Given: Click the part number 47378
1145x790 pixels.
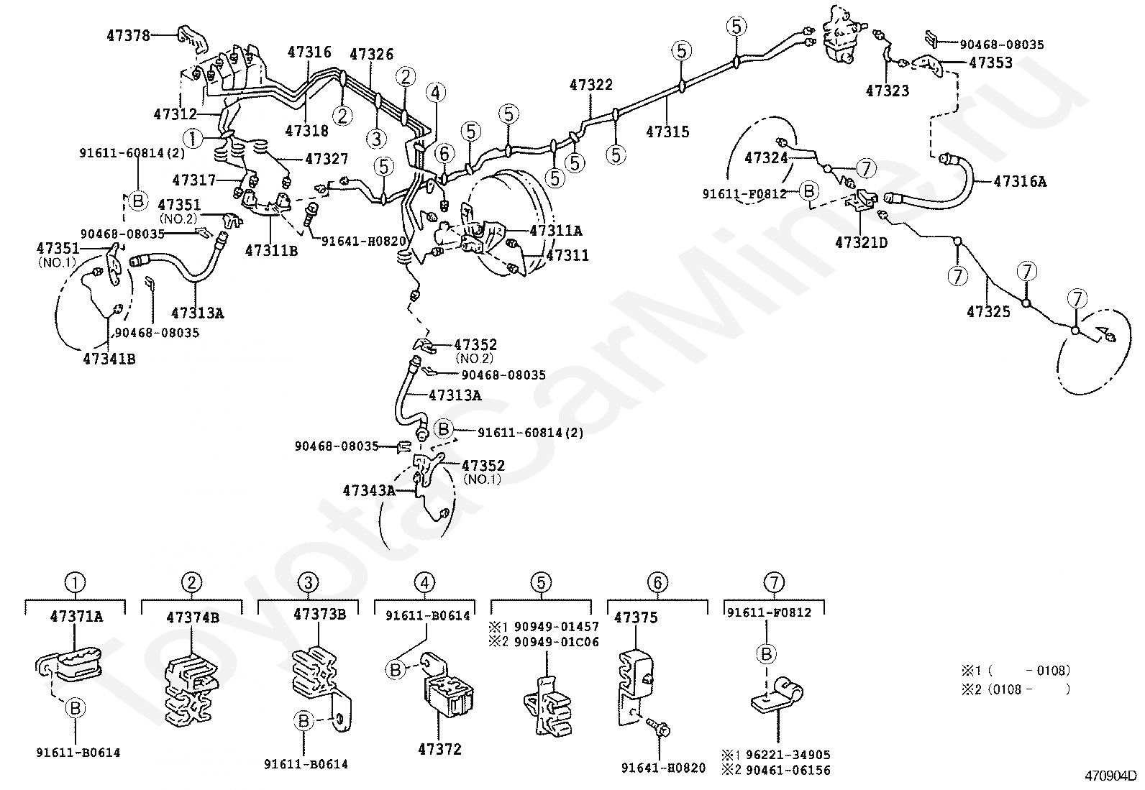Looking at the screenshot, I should point(129,35).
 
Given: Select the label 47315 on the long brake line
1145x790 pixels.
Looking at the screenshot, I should point(667,132).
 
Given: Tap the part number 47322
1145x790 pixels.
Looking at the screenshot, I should point(591,85).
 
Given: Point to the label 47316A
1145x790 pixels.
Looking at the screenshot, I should point(1020,182).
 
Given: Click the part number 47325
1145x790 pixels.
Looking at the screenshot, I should point(988,311).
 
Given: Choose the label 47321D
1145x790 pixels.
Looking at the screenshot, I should point(861,242).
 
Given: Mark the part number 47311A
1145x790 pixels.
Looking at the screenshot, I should point(556,231).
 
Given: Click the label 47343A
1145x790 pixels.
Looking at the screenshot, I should point(369,491).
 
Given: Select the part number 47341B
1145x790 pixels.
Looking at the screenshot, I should point(109,358).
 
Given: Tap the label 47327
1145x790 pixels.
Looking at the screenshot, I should point(327,159).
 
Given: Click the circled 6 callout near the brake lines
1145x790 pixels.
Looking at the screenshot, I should point(444,152).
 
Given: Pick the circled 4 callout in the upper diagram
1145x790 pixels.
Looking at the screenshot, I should point(435,92).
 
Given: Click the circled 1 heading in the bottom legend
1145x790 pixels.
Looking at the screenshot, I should point(75,582).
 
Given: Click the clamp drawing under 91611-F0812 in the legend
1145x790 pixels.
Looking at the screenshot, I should point(777,697).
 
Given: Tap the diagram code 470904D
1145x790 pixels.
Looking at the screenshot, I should point(1110,776).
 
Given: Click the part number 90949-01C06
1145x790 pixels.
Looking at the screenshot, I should point(555,642).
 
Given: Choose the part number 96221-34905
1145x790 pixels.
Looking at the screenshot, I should point(785,755).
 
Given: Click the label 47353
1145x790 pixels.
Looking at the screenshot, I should point(990,63).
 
